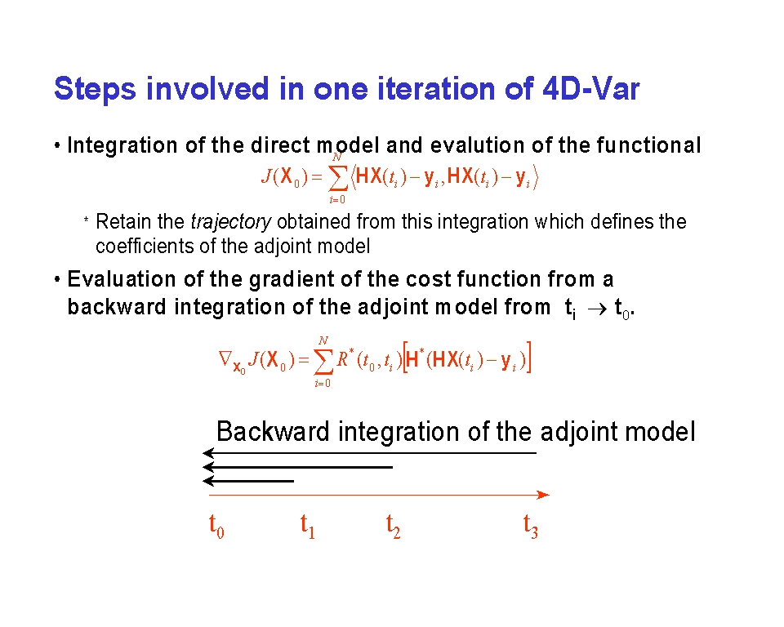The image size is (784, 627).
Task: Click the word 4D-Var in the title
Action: pyautogui.click(x=590, y=88)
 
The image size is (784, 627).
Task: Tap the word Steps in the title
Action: pyautogui.click(x=95, y=90)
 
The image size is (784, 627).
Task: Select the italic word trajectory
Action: pyautogui.click(x=231, y=222)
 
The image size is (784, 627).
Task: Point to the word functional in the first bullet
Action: pyautogui.click(x=648, y=145)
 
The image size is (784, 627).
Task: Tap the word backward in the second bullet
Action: pyautogui.click(x=117, y=306)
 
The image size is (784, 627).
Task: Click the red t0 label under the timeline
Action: pyautogui.click(x=216, y=526)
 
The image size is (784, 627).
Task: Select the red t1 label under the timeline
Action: pyautogui.click(x=308, y=526)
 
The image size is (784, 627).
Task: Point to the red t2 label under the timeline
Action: pyautogui.click(x=393, y=526)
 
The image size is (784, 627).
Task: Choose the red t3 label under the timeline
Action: pyautogui.click(x=531, y=526)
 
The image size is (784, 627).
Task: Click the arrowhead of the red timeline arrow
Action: pyautogui.click(x=544, y=495)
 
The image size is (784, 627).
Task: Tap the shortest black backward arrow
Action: pyautogui.click(x=248, y=481)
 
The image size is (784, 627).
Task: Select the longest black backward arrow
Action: pyautogui.click(x=369, y=453)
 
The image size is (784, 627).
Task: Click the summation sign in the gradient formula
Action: pyautogui.click(x=323, y=361)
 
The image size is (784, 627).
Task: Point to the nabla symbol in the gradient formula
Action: pyautogui.click(x=225, y=358)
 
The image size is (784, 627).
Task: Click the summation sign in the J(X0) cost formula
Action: pyautogui.click(x=337, y=177)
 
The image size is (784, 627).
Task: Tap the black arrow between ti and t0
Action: pyautogui.click(x=598, y=309)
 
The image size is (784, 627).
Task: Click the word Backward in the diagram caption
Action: pyautogui.click(x=273, y=431)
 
